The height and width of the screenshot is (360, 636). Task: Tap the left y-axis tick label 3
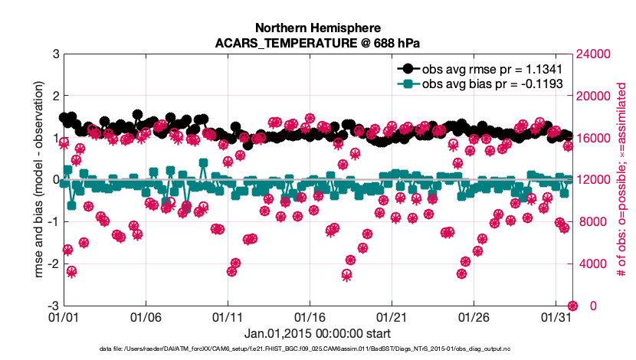point(56,54)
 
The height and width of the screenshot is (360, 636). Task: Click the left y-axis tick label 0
point(56,180)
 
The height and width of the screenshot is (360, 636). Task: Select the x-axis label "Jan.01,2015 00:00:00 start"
point(317,333)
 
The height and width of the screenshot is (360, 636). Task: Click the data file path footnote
point(317,349)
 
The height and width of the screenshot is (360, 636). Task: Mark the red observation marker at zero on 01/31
point(572,306)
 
